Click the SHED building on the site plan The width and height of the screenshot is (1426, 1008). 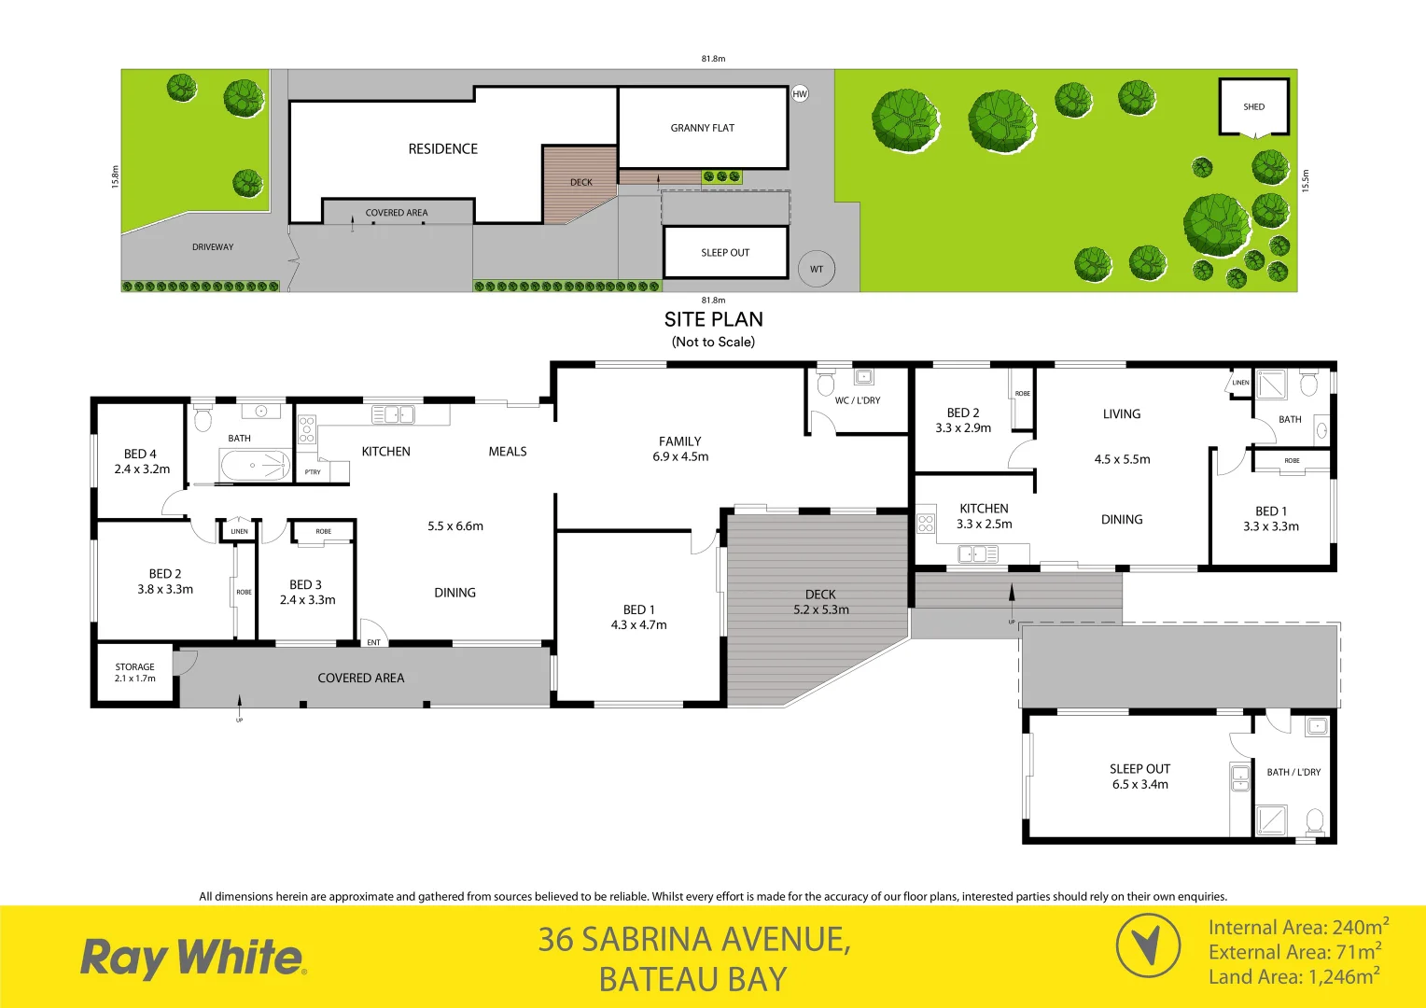pos(1253,106)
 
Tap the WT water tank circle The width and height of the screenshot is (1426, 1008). pos(817,269)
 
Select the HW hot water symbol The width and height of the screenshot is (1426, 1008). pos(800,93)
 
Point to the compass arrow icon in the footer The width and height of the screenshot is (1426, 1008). pos(1148,945)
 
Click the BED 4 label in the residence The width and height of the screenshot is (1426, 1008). pos(142,461)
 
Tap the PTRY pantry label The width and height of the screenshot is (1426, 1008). pos(313,472)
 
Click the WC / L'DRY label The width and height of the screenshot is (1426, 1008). pos(858,400)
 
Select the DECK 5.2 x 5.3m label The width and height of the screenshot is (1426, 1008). pos(821,602)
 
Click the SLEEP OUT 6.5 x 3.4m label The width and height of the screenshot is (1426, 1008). pos(1139,777)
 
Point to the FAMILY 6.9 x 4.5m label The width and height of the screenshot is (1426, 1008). pos(680,449)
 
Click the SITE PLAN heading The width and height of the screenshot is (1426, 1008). pos(713,319)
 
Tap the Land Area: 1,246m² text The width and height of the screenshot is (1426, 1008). pos(1293,977)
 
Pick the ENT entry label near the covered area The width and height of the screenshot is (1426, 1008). pos(373,642)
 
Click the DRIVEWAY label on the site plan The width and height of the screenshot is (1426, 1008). pos(213,247)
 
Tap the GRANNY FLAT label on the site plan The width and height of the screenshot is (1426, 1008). pos(702,128)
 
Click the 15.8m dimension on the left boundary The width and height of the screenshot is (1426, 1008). pos(116,177)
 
